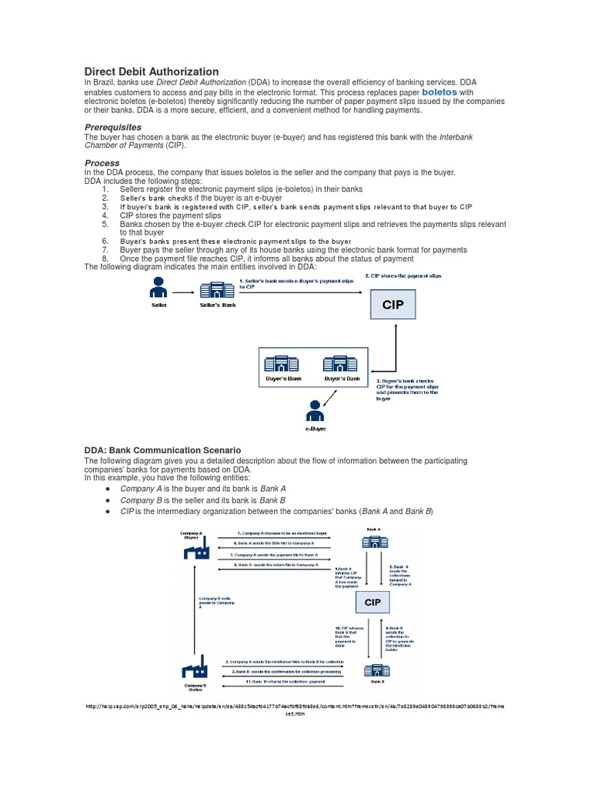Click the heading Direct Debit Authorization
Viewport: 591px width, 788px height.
[151, 71]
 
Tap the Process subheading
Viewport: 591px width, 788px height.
[102, 163]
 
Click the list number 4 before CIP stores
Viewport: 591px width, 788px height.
[105, 215]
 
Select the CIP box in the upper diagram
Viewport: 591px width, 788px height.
[393, 305]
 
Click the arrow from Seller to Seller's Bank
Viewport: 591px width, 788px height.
[183, 292]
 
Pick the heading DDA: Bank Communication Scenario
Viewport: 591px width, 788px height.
[162, 450]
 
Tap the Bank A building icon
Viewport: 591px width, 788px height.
[372, 543]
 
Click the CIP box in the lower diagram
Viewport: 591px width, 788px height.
[372, 602]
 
